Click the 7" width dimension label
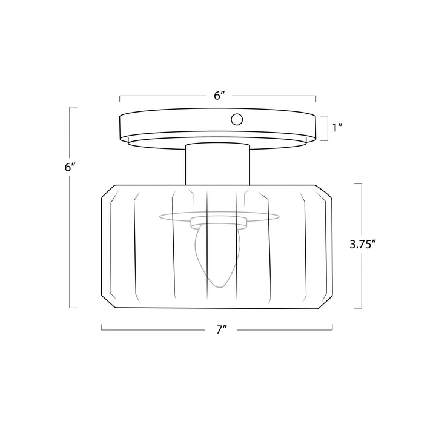click(x=222, y=330)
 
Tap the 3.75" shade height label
click(x=363, y=245)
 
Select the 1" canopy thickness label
click(x=337, y=128)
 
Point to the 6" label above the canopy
click(x=219, y=96)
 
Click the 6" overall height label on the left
click(x=70, y=167)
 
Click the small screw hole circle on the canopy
click(x=237, y=119)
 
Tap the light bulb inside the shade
click(x=217, y=256)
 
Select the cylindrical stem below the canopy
click(x=218, y=164)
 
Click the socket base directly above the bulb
click(x=219, y=222)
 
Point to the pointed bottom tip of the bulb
click(x=220, y=287)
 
